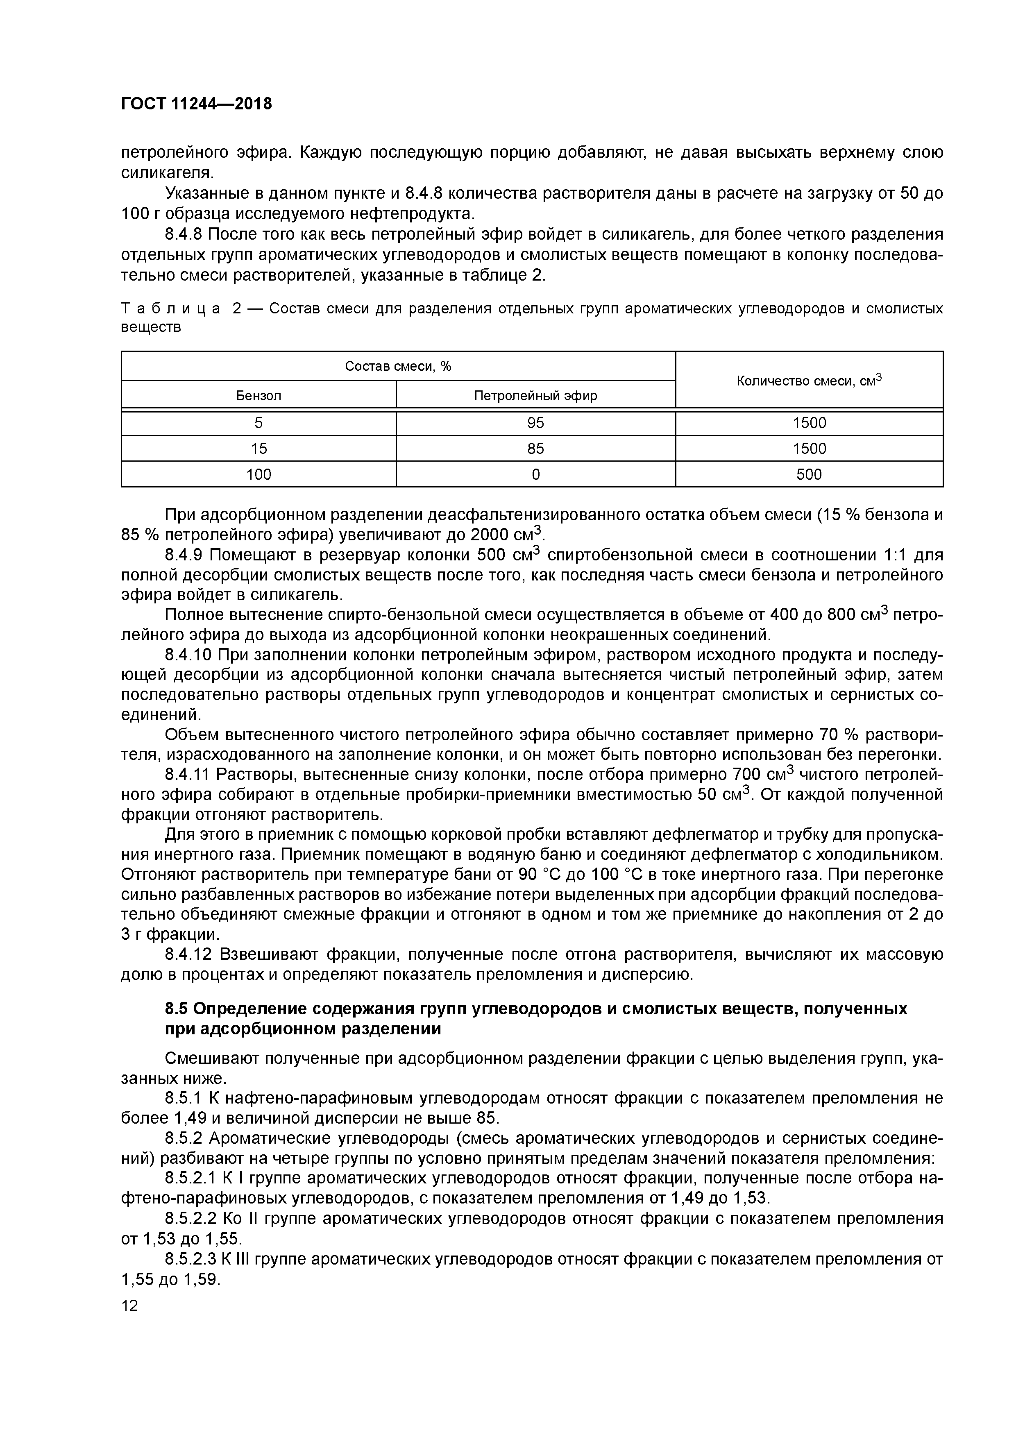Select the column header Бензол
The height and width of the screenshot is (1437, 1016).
click(x=259, y=396)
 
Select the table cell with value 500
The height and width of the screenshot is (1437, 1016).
click(x=809, y=474)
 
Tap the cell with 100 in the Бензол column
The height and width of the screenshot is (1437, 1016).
click(x=259, y=474)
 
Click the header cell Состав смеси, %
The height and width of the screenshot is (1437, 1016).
click(x=398, y=367)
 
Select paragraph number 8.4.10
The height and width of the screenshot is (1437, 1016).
click(x=188, y=655)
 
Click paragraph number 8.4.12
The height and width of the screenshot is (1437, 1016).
click(x=188, y=954)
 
